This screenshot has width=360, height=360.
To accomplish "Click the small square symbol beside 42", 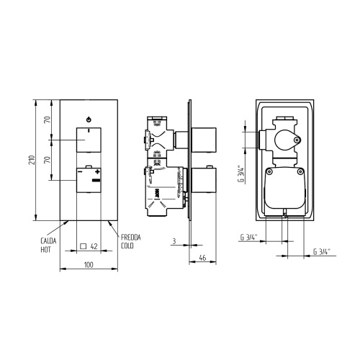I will (x=84, y=246).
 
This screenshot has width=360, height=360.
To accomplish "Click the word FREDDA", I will (x=131, y=238).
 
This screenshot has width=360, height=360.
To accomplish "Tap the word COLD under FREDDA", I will (x=128, y=246).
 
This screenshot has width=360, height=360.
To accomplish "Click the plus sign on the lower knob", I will (x=96, y=173).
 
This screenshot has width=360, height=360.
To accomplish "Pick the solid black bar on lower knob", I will (x=96, y=181).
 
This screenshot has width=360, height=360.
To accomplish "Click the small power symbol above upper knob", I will (x=88, y=118).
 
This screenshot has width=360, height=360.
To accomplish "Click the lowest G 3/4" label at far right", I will (x=322, y=251).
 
